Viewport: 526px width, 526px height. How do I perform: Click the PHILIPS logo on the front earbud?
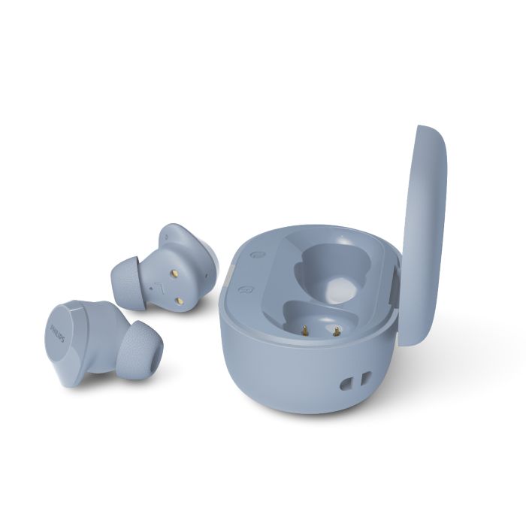click(57, 333)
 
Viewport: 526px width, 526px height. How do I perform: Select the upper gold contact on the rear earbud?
click(175, 274)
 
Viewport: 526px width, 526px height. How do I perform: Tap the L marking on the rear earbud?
click(160, 287)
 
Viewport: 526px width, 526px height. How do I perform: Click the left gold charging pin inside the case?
click(305, 331)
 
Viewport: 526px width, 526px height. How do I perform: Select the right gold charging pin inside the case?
click(335, 331)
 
